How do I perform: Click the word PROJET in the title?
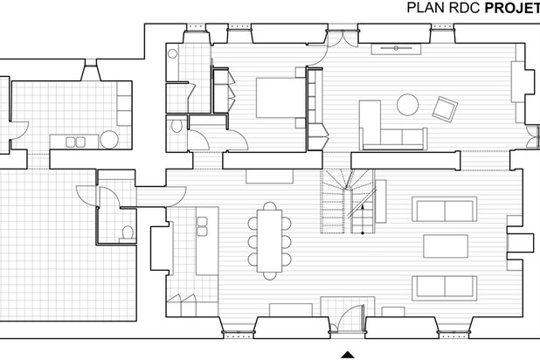[x=512, y=8]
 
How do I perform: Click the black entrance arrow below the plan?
[x=348, y=355]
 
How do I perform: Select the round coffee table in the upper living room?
[x=407, y=105]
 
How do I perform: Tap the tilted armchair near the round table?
[x=445, y=109]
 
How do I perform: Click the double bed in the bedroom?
[x=280, y=98]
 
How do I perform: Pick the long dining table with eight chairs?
[x=270, y=241]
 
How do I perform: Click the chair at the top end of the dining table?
[x=270, y=206]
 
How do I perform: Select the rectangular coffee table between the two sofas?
[x=446, y=246]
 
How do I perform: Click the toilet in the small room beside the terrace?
[x=128, y=232]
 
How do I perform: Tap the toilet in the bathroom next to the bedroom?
[x=177, y=126]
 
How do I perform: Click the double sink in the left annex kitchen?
[x=75, y=142]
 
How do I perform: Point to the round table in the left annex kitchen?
[x=109, y=140]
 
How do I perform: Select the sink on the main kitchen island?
[x=202, y=226]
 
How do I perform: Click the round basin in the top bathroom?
[x=172, y=54]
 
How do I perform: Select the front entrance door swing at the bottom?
[x=350, y=318]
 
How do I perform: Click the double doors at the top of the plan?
[x=343, y=38]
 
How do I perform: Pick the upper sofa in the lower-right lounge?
[x=445, y=210]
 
